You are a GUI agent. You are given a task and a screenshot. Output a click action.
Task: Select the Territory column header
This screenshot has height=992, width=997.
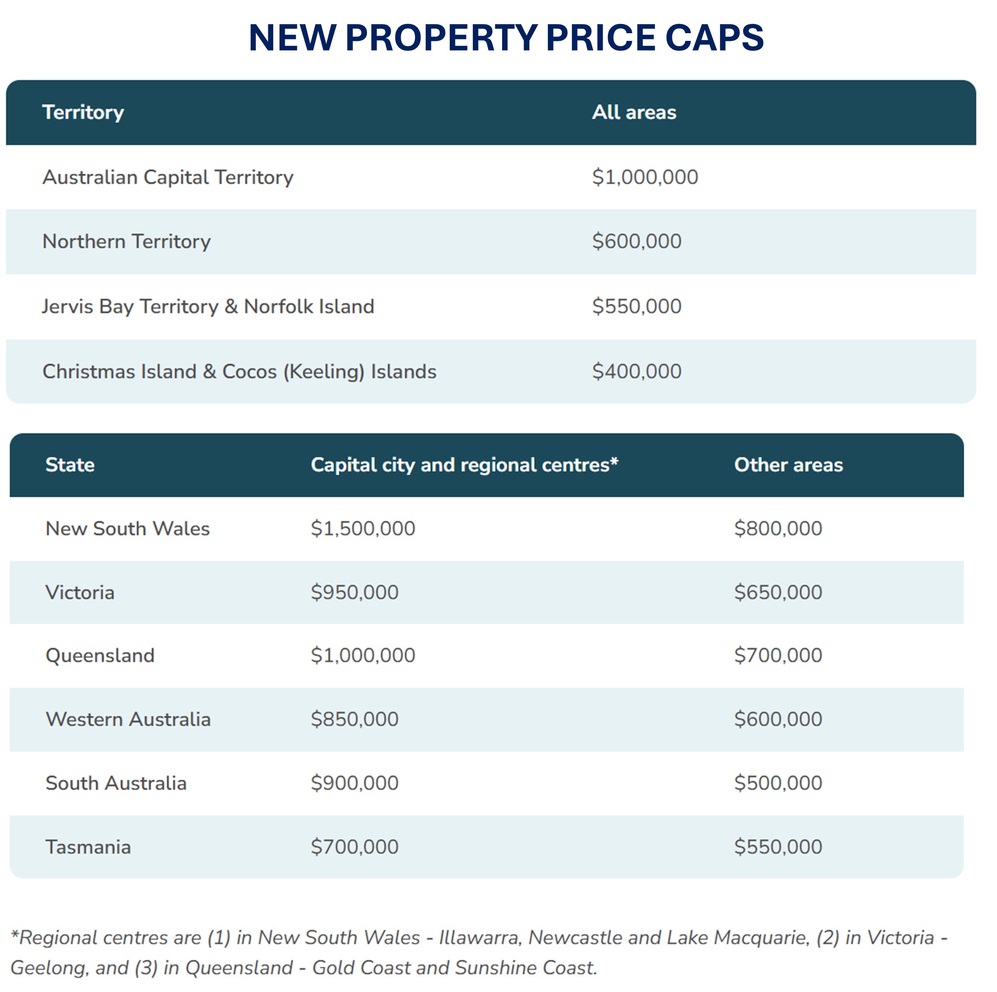tap(83, 113)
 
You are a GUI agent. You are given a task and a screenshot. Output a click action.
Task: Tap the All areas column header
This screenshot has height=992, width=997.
tap(634, 113)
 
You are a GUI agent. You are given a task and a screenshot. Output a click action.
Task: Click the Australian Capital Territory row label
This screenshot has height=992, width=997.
tap(168, 178)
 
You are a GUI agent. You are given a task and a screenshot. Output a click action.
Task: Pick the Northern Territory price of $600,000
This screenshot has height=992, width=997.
tap(636, 242)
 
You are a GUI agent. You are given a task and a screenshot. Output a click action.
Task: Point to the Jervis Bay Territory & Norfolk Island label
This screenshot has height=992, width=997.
tap(208, 306)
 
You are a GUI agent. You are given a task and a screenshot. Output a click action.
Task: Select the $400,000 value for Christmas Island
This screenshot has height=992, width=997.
tap(636, 371)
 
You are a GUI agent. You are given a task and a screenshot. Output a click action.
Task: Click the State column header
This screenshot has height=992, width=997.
tap(70, 465)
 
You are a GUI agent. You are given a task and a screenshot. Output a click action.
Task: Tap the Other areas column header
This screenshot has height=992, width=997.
tap(788, 465)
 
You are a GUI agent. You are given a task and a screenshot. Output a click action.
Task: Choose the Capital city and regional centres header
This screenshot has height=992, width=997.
tap(464, 465)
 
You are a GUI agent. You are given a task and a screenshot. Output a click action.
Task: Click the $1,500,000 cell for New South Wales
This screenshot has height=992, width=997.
tap(363, 529)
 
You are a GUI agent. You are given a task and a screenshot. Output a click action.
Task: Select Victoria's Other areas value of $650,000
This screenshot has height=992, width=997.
tap(778, 593)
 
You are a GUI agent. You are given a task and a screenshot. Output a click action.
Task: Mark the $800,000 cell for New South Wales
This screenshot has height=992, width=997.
tap(778, 529)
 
